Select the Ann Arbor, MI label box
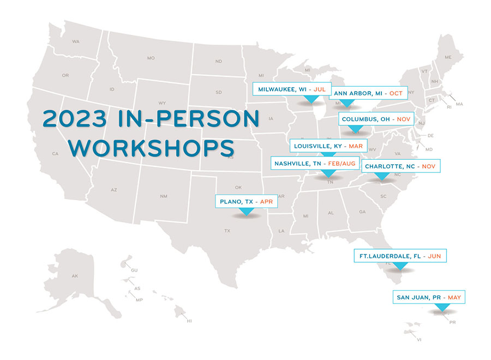pos(368,93)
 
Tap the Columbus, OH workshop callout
pos(376,118)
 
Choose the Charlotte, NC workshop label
pos(400,166)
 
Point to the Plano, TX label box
pos(246,201)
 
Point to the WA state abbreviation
pos(76,41)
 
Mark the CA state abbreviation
pos(55,154)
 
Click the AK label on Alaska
pos(75,276)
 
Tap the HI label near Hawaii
pos(189,321)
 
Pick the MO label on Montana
pos(151,58)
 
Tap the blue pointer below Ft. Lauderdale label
pos(400,266)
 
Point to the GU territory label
pos(134,271)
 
